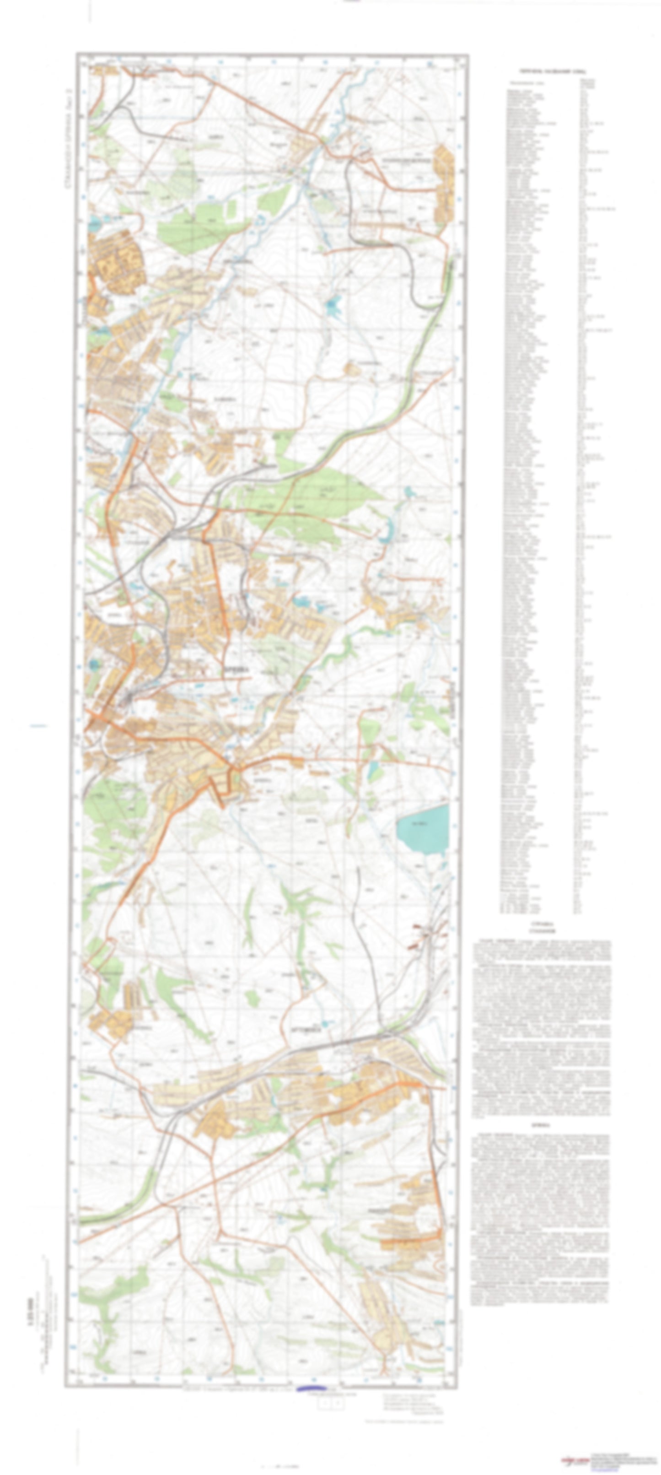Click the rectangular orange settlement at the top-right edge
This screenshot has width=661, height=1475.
click(444, 183)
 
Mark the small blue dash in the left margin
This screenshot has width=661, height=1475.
click(38, 726)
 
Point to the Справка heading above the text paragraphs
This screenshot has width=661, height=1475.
click(540, 925)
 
